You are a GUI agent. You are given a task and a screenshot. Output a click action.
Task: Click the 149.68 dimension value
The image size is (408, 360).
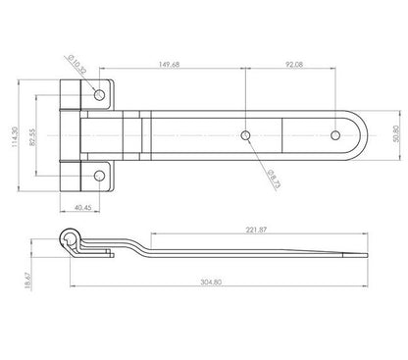(169, 65)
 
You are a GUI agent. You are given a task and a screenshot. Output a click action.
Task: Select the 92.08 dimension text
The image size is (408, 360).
(294, 65)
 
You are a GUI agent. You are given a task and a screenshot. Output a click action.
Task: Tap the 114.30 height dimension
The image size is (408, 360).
(15, 136)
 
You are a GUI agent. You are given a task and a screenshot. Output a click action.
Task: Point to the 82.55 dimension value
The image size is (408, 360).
(32, 136)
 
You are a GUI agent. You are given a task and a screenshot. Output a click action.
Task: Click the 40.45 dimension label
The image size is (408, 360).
(83, 207)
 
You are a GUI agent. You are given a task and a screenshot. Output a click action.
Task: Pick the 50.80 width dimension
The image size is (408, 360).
(396, 133)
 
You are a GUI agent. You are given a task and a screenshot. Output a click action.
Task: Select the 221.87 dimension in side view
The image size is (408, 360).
(256, 230)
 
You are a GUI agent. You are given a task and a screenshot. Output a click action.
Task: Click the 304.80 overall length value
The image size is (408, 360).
(211, 282)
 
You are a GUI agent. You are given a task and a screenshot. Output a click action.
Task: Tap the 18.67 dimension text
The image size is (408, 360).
(27, 281)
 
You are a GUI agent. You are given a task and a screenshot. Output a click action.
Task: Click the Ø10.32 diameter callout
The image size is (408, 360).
(76, 65)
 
